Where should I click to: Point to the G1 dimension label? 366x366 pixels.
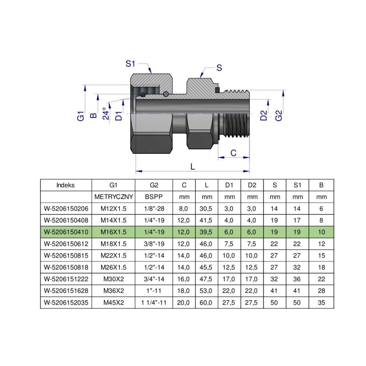[81, 115]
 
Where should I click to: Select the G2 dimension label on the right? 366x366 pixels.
[279, 115]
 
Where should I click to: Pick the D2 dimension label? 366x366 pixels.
[264, 115]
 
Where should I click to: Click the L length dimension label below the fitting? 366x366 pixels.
[192, 167]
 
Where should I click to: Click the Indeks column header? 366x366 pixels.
[66, 185]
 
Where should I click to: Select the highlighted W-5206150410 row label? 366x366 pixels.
[66, 231]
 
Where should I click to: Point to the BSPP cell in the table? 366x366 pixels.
[154, 197]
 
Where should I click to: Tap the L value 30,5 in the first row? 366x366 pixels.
[207, 208]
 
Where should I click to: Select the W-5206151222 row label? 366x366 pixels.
[66, 278]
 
